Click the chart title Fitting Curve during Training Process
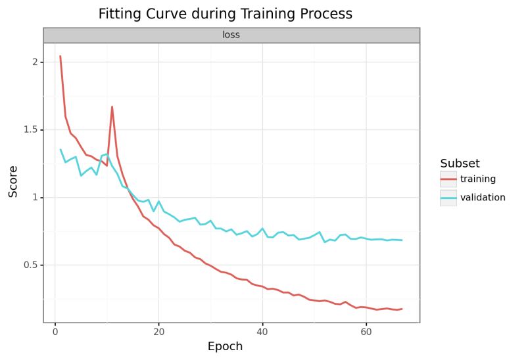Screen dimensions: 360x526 click(x=225, y=14)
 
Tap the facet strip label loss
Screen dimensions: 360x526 click(x=231, y=35)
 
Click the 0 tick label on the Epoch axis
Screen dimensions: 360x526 click(x=55, y=332)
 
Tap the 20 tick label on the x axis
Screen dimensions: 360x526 click(x=158, y=332)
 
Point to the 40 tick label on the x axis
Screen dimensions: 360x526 click(x=262, y=332)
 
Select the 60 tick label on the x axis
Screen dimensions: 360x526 click(x=366, y=332)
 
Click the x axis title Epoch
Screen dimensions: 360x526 click(x=225, y=346)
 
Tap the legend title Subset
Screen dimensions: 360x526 click(x=460, y=163)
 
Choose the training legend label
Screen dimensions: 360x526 click(x=478, y=179)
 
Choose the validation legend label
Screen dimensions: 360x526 click(x=483, y=197)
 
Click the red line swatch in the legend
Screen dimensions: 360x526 click(x=448, y=179)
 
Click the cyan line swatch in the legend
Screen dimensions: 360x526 click(x=448, y=197)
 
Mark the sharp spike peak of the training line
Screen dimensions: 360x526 click(x=112, y=106)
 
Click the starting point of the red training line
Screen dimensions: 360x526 click(x=60, y=56)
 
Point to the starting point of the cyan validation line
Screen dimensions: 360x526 click(x=60, y=149)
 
